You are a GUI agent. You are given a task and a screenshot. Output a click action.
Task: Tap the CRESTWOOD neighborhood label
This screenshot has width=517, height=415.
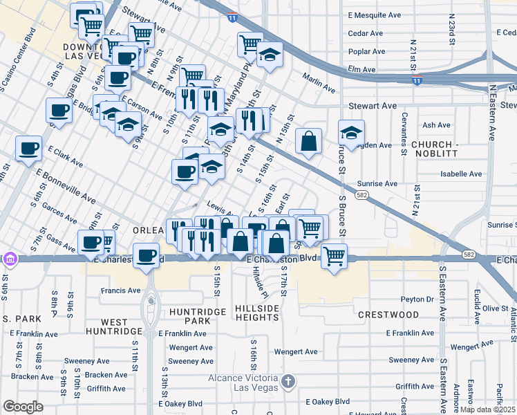click(388, 315)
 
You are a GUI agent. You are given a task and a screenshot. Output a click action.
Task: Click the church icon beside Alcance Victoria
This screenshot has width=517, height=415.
click(289, 380)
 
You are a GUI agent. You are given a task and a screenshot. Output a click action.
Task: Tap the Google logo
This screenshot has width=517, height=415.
click(23, 407)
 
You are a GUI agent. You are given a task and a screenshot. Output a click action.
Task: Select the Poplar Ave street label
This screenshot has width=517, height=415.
click(366, 52)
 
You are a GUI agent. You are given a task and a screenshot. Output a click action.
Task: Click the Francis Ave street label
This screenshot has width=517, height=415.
click(120, 290)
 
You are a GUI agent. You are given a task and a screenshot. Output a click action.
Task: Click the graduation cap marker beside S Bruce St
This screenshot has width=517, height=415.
click(351, 133)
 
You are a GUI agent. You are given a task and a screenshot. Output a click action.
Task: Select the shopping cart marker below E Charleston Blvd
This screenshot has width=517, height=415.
click(335, 256)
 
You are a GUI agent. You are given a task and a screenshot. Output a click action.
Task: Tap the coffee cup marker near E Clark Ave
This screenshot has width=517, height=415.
click(29, 148)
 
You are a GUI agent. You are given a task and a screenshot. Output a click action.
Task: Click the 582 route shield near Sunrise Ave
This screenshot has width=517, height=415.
click(362, 196)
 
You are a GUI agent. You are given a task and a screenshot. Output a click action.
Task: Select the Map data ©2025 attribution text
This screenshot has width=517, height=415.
click(489, 409)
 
